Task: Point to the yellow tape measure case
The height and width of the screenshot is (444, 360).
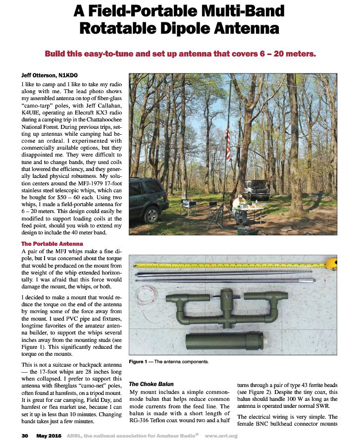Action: [332, 263]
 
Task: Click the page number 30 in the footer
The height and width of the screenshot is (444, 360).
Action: [25, 436]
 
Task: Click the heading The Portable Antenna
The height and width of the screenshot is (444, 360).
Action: [52, 244]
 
